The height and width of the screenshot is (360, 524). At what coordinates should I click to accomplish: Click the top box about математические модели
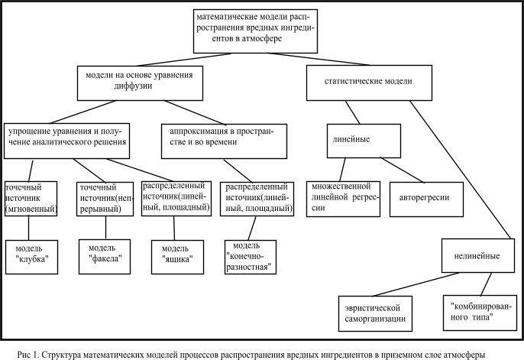coord(255,31)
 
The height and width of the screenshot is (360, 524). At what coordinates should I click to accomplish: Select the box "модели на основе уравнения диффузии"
coord(140,83)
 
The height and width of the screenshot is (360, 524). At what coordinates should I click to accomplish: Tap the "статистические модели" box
coord(369,83)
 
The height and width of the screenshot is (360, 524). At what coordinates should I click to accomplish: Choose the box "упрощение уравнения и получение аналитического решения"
coord(67,141)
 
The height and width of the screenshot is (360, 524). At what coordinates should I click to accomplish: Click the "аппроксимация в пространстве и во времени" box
coord(224,141)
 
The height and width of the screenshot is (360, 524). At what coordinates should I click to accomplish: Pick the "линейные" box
coord(364,141)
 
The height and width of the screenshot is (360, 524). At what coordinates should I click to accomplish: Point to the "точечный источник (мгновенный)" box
coord(31,199)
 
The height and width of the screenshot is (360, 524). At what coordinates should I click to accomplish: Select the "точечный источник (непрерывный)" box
coord(105,199)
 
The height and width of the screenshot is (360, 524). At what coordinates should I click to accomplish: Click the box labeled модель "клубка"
coord(32,257)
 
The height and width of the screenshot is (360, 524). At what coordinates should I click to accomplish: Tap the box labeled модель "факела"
coord(105,257)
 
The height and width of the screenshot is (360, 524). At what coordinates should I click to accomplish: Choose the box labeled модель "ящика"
coord(177,257)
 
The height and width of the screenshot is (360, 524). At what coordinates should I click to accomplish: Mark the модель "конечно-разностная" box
coord(251,257)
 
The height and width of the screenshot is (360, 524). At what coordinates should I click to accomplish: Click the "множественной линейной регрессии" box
coord(343,199)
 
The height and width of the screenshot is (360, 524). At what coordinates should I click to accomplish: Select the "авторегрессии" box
coord(426,199)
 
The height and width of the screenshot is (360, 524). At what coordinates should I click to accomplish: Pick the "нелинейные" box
coord(478,255)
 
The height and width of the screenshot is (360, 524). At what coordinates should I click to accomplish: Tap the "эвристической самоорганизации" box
coord(375,313)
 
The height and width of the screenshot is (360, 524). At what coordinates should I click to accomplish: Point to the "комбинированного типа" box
coord(480,313)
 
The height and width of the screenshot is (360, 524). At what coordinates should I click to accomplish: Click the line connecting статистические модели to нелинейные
coord(461,170)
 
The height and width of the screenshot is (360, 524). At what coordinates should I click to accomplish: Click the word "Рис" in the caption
coord(24,355)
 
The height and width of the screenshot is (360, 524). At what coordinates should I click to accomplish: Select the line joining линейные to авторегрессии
coord(402,170)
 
